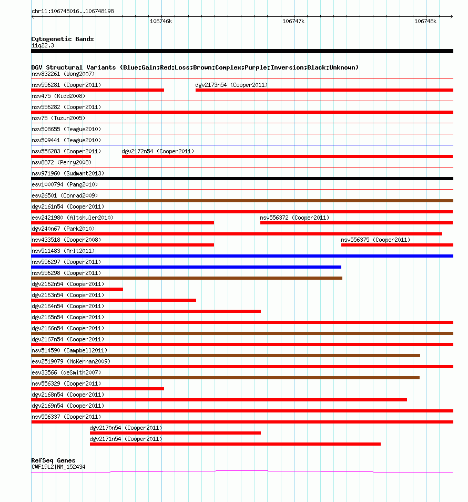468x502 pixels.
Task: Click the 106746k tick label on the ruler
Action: pos(161,21)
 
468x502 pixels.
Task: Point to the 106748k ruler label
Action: pos(425,21)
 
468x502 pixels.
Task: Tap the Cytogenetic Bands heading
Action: pos(63,39)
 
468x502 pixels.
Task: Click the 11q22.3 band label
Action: pos(43,45)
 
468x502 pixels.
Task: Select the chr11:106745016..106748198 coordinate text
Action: pos(73,11)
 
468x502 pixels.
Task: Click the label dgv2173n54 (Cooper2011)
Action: pos(231,85)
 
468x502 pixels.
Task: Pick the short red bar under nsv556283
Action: pos(61,156)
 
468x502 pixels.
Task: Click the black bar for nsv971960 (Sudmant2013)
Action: pos(242,179)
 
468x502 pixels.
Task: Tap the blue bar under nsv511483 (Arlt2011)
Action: pos(242,256)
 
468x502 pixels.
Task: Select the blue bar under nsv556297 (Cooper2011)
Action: pos(186,267)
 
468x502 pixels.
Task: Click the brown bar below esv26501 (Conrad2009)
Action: pos(242,201)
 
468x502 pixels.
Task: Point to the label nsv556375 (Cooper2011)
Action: pos(375,240)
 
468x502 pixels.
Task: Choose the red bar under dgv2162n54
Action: pos(77,289)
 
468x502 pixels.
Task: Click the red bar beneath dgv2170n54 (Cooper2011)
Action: pos(175,433)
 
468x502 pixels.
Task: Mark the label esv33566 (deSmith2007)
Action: pos(66,372)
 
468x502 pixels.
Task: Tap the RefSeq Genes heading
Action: pos(53,460)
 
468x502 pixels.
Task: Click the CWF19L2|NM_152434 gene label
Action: pos(58,467)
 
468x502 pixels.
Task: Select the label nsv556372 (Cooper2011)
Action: pos(294,218)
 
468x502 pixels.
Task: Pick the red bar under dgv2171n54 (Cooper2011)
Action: pos(235,444)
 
